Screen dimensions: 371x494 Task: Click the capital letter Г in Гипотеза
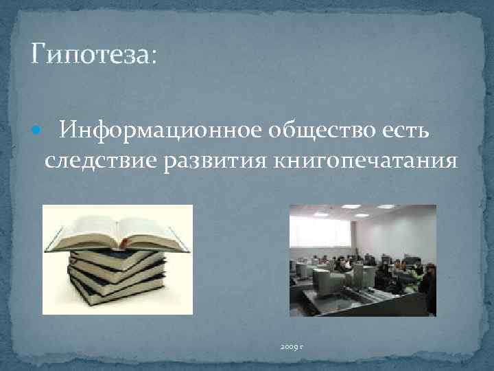pos(38,54)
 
